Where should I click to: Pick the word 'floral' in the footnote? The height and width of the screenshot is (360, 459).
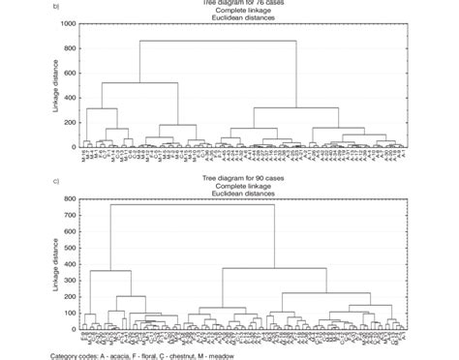point(168,355)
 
